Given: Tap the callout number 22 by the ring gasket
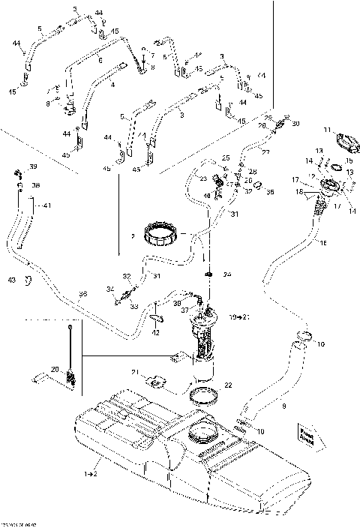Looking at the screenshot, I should [x=229, y=385].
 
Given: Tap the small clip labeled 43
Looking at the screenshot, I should [x=28, y=280].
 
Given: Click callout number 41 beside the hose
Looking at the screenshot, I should [x=47, y=205].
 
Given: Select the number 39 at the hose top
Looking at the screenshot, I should [x=32, y=166].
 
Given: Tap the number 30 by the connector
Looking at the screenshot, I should [x=295, y=124].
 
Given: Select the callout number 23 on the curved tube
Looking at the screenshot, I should [x=203, y=178].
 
